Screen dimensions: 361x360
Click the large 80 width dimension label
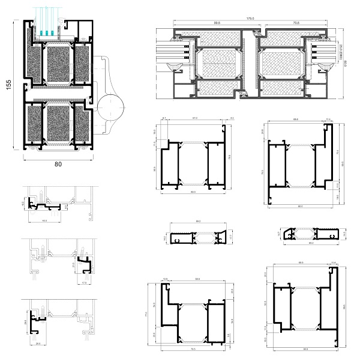click(x=58, y=163)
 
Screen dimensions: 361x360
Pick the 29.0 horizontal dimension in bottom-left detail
click(x=38, y=343)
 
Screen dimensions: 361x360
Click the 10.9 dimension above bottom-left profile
click(x=166, y=279)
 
